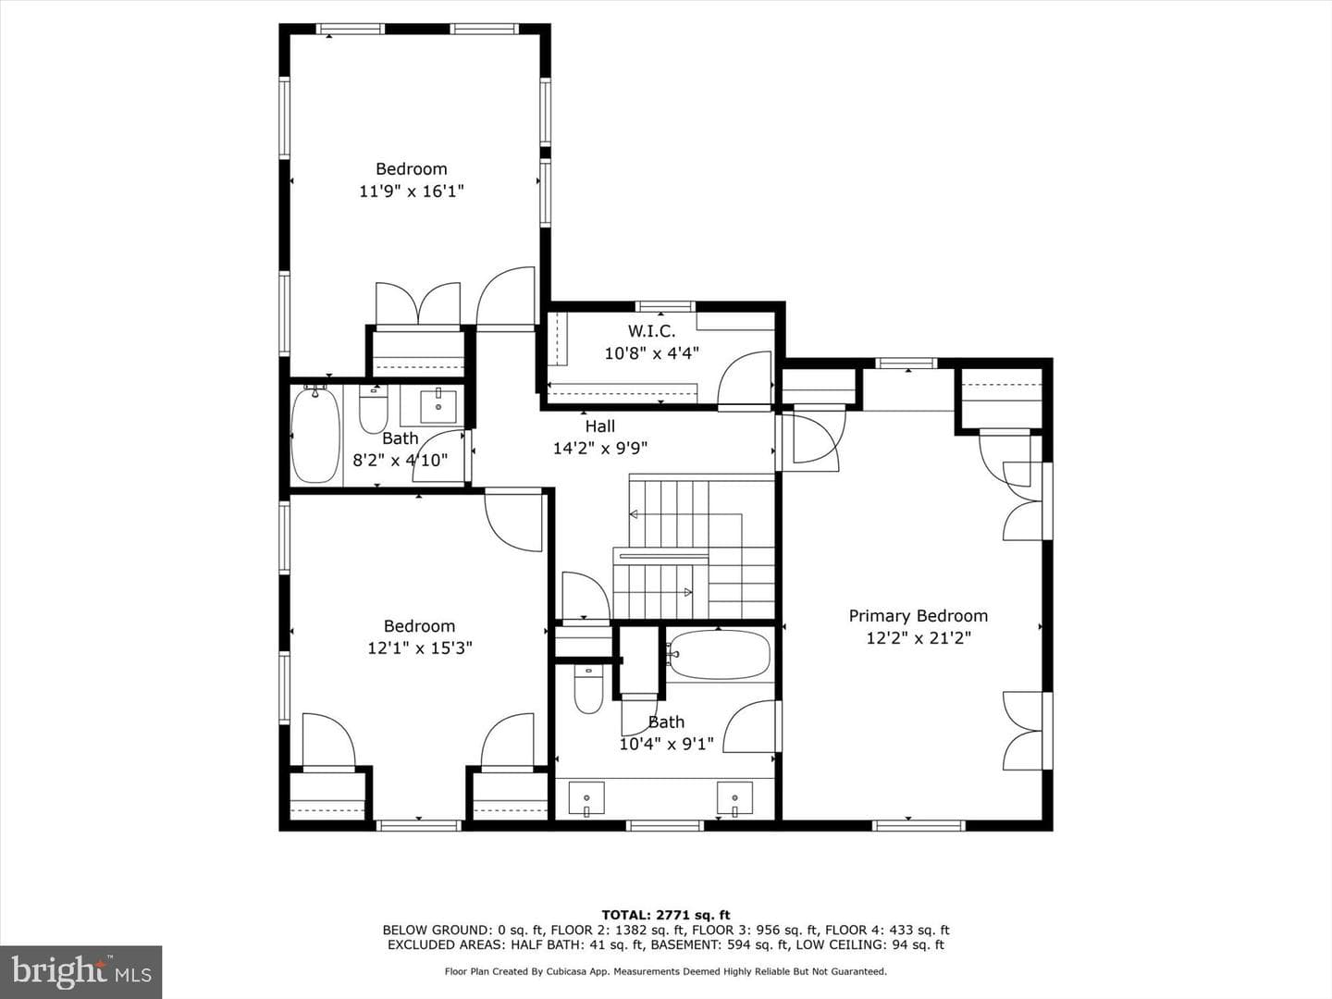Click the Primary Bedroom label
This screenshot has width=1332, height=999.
tap(919, 616)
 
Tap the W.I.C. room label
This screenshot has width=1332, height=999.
tap(652, 331)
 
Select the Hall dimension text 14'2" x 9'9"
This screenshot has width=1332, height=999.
tap(600, 449)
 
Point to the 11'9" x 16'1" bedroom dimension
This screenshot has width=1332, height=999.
tap(412, 191)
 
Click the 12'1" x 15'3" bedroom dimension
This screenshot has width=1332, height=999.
tap(420, 648)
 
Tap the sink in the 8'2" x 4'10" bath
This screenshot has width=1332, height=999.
tap(438, 407)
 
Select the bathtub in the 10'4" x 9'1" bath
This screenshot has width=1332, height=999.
tap(718, 655)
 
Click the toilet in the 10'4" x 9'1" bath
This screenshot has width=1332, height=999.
tap(587, 690)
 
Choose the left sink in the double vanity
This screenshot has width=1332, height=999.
tap(586, 799)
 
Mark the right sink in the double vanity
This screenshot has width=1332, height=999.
tap(734, 799)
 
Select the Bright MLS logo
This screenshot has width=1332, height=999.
tap(80, 972)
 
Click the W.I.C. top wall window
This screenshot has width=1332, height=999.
tap(665, 306)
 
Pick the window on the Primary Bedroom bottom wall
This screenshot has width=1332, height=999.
tap(919, 825)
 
